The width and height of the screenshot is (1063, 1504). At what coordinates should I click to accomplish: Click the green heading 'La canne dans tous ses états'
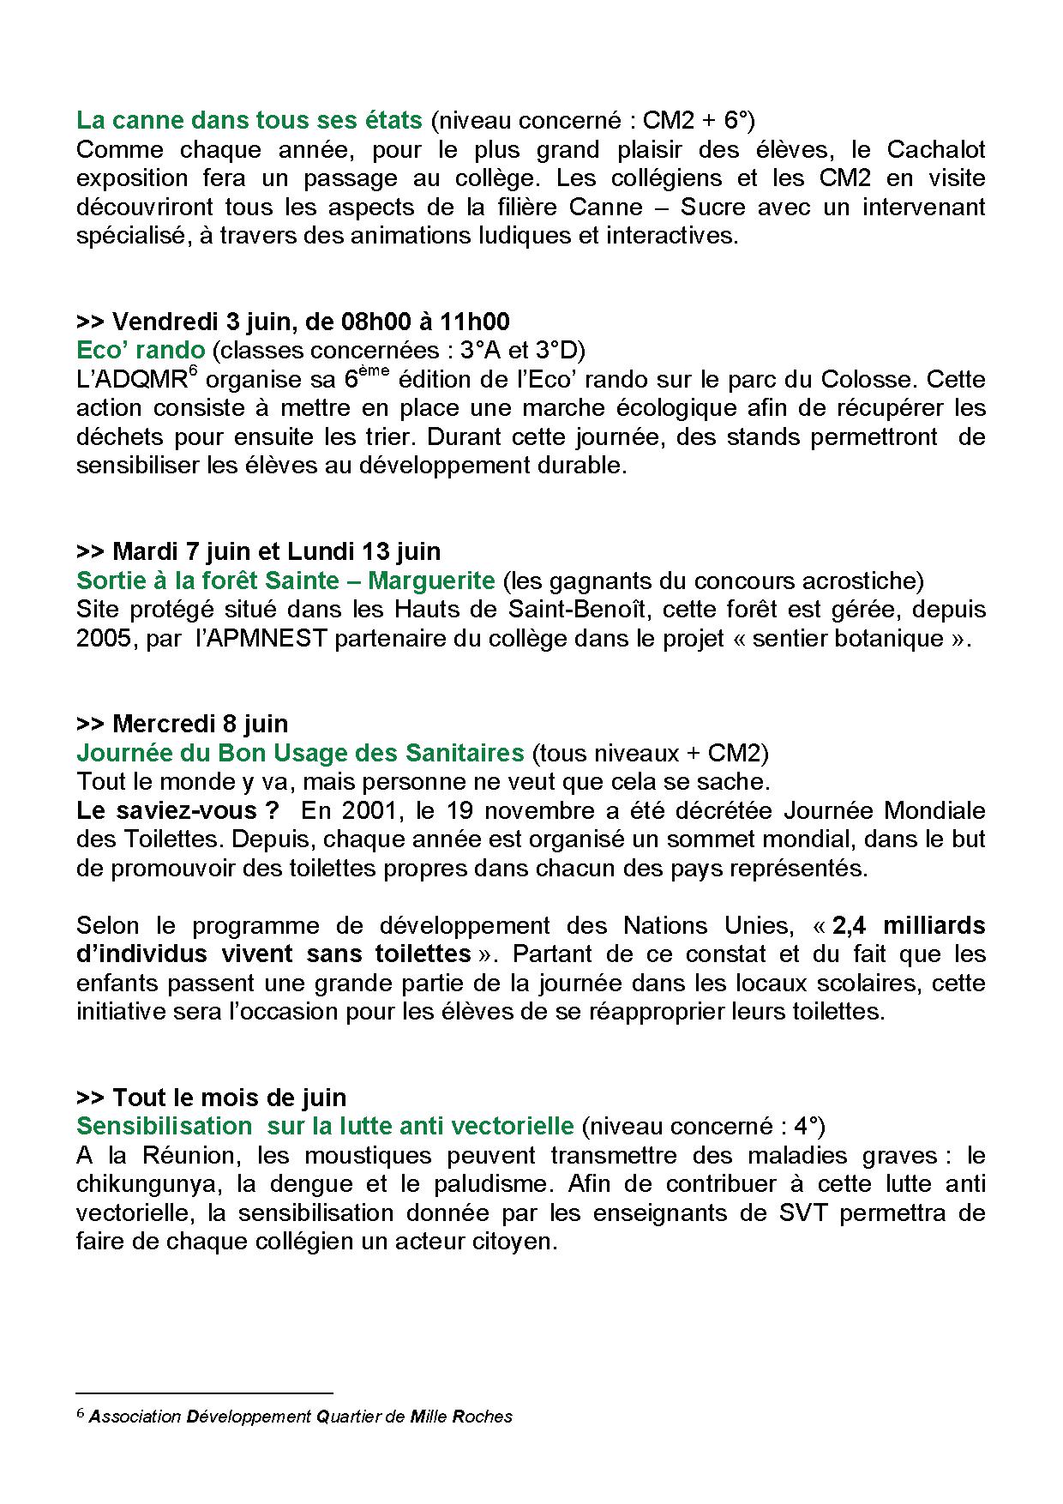[x=249, y=119]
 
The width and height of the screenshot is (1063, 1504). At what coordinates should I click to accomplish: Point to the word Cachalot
[x=935, y=149]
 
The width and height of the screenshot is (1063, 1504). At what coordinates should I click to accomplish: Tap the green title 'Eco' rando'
[x=141, y=350]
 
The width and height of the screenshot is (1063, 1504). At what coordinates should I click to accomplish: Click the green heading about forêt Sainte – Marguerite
[x=285, y=581]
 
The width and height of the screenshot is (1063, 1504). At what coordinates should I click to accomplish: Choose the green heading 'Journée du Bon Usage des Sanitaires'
[x=300, y=753]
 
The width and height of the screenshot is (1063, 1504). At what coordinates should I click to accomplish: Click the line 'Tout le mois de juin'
[x=211, y=1098]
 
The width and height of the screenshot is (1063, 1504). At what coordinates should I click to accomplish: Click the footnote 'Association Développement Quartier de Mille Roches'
[x=300, y=1416]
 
